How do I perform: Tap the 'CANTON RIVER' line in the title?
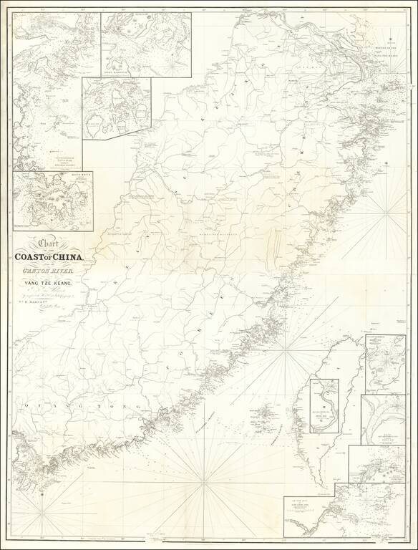coord(52,273)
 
